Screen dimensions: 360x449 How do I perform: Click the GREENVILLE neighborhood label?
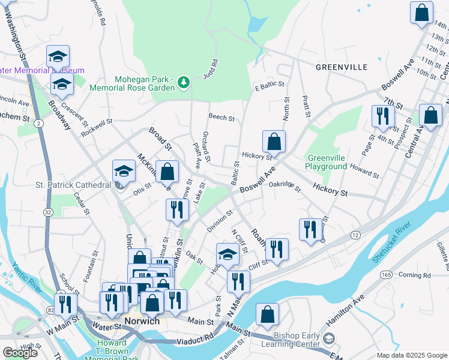(342, 67)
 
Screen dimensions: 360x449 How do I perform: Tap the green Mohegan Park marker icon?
(184, 82)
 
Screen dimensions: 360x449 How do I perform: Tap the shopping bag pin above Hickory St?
(274, 142)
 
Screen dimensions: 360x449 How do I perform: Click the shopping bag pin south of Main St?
(267, 314)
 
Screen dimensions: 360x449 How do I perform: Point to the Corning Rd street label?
(414, 275)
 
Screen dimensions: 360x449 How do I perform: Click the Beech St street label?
(221, 117)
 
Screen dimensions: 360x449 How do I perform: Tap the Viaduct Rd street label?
(193, 340)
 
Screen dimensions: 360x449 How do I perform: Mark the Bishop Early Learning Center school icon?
(329, 340)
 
